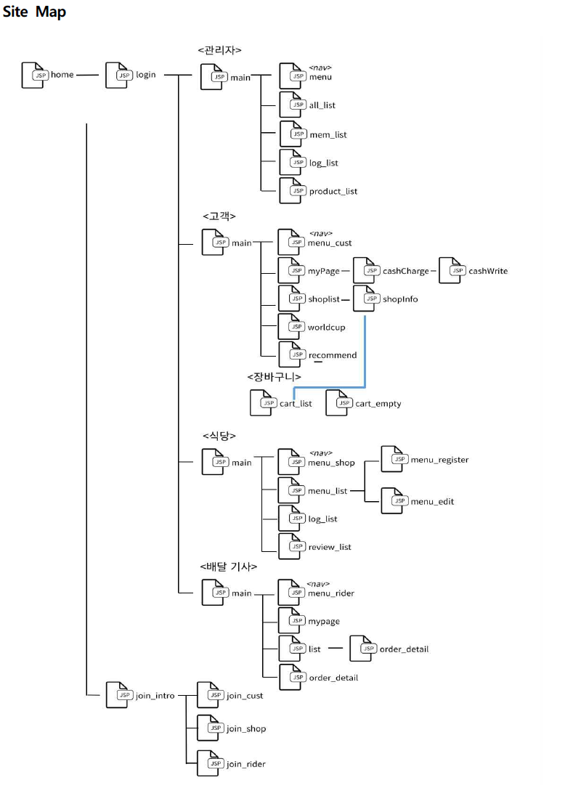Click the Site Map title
[x=34, y=12]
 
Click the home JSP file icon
[x=33, y=75]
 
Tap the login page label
[x=145, y=75]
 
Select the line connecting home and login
[x=87, y=75]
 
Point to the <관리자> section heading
[x=219, y=50]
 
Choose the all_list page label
[x=322, y=105]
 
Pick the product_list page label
[x=333, y=192]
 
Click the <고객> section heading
[x=219, y=216]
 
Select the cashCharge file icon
[x=365, y=271]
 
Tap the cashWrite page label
[x=487, y=271]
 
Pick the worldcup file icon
[x=291, y=327]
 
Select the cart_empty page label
[x=378, y=404]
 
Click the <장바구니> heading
[x=273, y=377]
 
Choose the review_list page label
[x=330, y=547]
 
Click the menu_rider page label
[x=331, y=593]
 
